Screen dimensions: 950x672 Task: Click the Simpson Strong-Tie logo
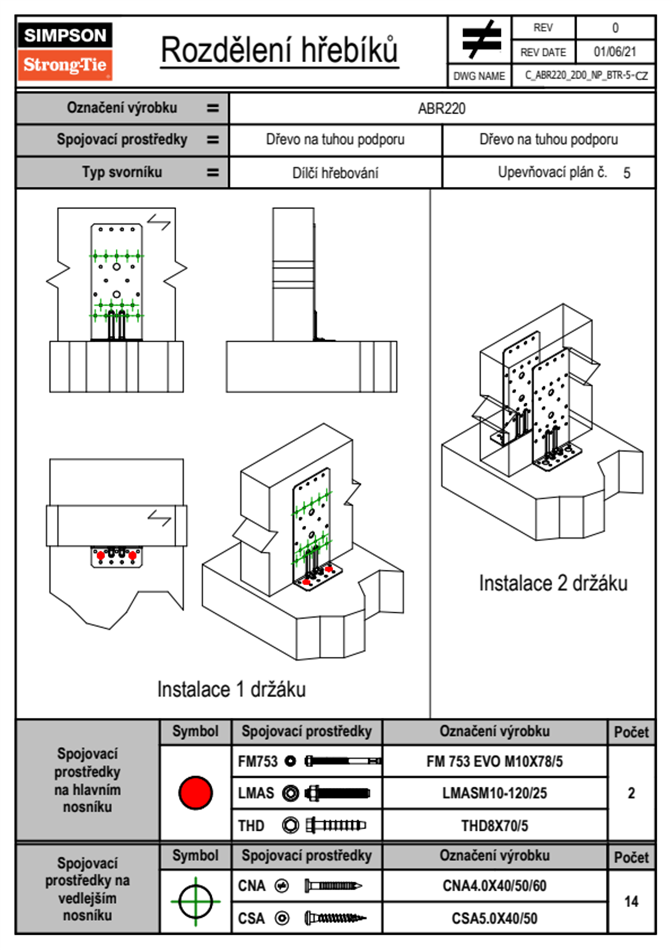click(65, 51)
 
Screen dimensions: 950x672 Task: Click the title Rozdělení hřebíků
click(280, 50)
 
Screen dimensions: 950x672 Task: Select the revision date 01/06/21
click(614, 52)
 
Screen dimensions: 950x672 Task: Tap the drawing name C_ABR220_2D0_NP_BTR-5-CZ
click(586, 76)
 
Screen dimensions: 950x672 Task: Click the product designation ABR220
click(442, 108)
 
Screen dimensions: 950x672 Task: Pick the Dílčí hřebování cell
click(335, 173)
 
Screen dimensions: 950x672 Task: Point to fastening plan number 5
click(626, 173)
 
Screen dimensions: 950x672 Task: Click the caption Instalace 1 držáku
click(232, 689)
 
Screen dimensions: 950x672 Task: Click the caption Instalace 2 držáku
click(553, 583)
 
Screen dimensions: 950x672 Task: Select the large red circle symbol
click(195, 792)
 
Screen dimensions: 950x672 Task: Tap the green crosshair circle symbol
click(195, 901)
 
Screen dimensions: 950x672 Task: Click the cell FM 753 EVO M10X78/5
click(494, 762)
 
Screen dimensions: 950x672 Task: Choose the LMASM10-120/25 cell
click(494, 794)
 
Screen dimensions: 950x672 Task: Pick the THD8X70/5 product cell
click(494, 826)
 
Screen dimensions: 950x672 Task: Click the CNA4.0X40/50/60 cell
click(494, 886)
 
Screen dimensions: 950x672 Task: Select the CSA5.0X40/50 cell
click(494, 918)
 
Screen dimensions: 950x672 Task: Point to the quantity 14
click(631, 901)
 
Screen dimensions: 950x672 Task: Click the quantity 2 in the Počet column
click(631, 793)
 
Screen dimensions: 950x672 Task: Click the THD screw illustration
click(335, 826)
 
